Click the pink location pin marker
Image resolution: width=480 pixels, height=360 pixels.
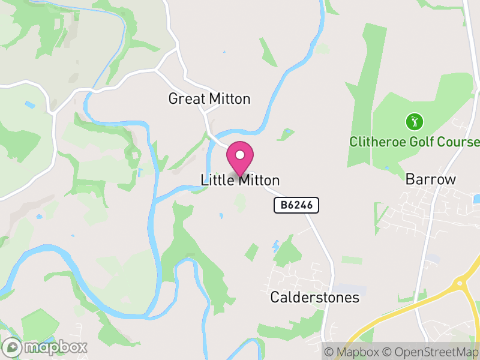click(240, 158)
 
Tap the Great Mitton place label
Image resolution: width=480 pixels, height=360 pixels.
click(209, 99)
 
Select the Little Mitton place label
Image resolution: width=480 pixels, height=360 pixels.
click(240, 180)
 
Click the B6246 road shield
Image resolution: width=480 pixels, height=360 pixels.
click(296, 205)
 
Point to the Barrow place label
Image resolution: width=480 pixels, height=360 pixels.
click(431, 179)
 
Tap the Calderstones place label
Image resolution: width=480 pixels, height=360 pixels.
click(314, 298)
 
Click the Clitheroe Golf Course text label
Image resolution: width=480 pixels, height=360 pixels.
click(415, 142)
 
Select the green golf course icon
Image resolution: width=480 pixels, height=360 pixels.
click(414, 122)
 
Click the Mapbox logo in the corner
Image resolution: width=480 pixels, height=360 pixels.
click(46, 347)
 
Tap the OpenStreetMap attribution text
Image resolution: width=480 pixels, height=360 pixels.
click(432, 352)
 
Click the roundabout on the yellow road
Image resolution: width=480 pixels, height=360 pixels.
click(463, 282)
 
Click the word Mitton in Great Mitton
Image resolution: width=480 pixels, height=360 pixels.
click(229, 99)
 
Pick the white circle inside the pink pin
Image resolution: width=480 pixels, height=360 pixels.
click(240, 155)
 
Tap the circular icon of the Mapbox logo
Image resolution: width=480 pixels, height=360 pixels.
click(11, 347)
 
